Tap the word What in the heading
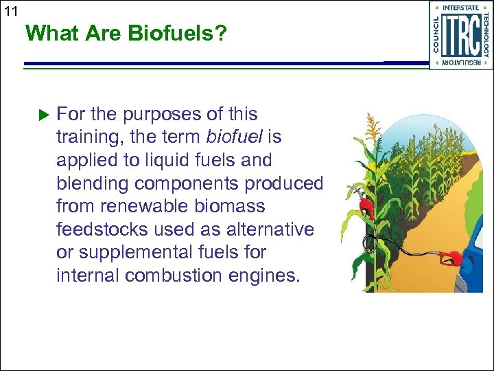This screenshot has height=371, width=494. coord(49,33)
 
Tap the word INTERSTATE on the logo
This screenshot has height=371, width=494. coord(461,8)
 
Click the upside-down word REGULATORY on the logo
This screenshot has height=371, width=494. coord(461,63)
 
